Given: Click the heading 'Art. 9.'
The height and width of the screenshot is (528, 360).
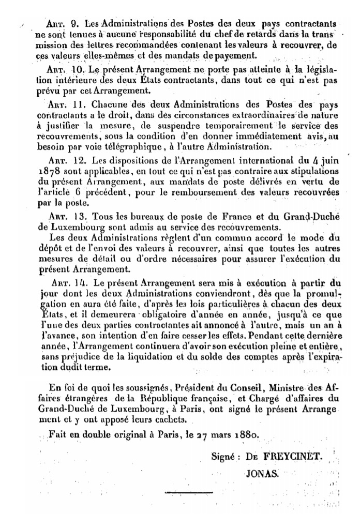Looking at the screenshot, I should [62, 24].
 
